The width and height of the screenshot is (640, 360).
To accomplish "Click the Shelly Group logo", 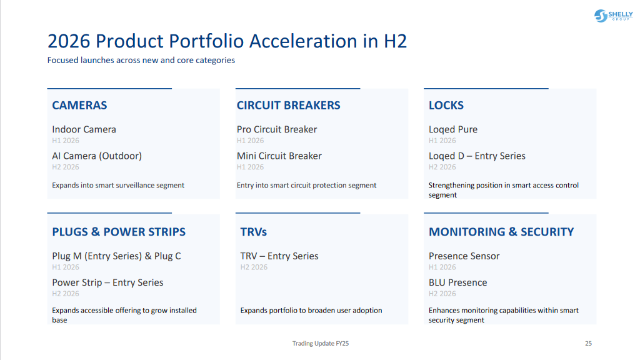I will point(613,16).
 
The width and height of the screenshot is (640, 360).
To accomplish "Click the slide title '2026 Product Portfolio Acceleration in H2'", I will point(227,41).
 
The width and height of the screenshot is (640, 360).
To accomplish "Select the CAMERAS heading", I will point(79,106).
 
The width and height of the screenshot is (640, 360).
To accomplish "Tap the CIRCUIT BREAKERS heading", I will point(288,106).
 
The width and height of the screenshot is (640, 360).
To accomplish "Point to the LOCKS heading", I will point(446,106).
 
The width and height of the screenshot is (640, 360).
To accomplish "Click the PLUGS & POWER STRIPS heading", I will point(119,232).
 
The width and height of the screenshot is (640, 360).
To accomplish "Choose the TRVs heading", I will point(253,232).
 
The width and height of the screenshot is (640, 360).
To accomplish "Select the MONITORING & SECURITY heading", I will point(501,232).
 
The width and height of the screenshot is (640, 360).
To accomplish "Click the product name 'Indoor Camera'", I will point(84,129).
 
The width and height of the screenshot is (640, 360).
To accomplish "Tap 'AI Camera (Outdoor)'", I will point(97,156).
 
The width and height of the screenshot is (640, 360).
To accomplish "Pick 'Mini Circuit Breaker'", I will point(279,156).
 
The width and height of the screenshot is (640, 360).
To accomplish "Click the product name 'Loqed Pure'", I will point(452,129).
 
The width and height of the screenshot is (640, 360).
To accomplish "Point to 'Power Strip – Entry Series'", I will point(107,282).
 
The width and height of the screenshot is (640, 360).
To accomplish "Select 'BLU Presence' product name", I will point(457,282).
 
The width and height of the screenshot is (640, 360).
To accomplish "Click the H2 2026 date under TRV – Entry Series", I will point(254,267).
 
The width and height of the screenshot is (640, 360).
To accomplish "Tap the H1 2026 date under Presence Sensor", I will point(442,267).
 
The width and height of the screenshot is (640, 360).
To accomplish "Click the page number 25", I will point(588,343).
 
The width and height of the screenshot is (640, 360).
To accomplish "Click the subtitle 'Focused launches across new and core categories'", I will point(141,61).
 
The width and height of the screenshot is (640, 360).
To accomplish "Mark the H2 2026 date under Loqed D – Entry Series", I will point(442,167).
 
